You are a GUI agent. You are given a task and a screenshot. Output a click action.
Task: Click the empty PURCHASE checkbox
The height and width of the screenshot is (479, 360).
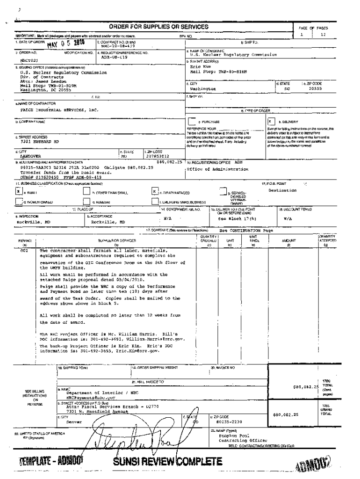coord(192,121)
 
